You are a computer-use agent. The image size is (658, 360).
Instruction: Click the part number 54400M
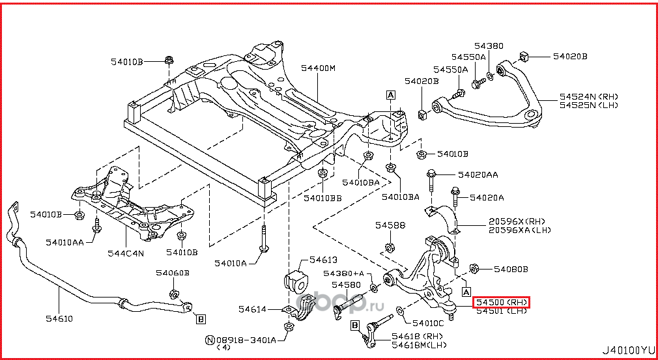[x=318, y=68]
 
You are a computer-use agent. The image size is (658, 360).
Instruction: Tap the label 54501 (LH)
[x=500, y=311]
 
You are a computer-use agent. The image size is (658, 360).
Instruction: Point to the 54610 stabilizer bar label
[x=59, y=318]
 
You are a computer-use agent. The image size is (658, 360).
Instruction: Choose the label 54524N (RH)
[x=588, y=96]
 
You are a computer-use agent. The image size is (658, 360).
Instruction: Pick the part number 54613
[x=323, y=258]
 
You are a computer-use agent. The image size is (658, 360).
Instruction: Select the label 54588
[x=390, y=225]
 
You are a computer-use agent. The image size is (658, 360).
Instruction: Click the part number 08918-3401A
[x=246, y=340]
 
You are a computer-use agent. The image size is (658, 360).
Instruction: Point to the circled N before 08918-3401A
[x=210, y=340]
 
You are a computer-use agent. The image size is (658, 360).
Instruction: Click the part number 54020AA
[x=478, y=174]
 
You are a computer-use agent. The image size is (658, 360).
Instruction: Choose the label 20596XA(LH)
[x=520, y=229]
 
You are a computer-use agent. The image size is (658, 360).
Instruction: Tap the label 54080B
[x=510, y=268]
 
